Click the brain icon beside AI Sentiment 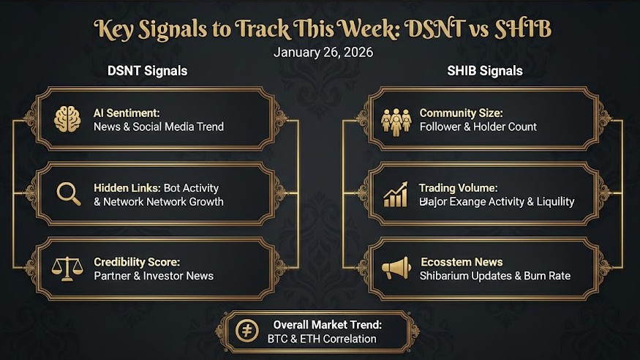67,119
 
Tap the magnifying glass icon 68,194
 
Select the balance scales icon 67,269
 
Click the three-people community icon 396,121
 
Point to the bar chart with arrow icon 396,195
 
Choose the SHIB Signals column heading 484,71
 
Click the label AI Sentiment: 127,113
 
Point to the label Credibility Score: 137,262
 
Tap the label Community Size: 461,113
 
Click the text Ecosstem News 462,262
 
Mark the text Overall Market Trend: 328,325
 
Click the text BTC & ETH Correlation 322,339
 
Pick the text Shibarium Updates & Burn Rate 494,276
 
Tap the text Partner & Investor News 154,276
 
